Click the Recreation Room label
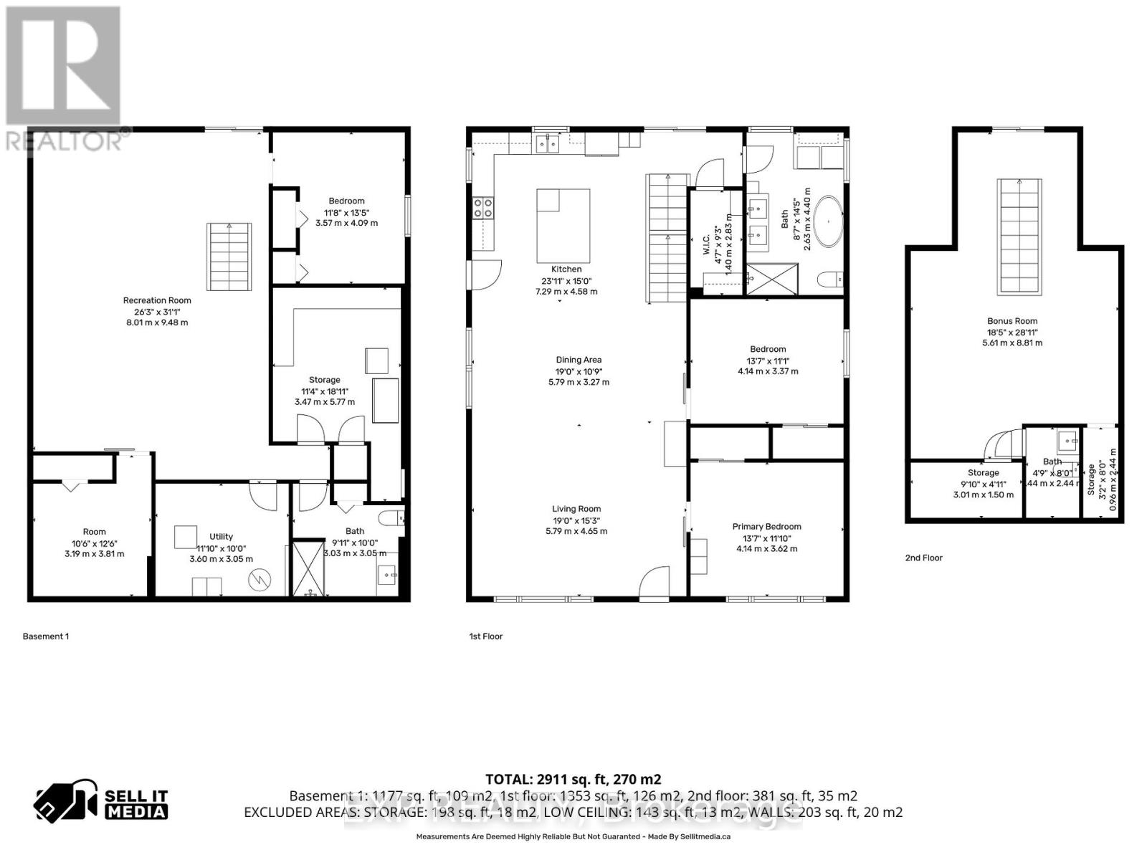(157, 300)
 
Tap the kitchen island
(563, 226)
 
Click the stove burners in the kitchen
(482, 208)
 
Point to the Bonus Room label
(1012, 321)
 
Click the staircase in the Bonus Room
(1019, 236)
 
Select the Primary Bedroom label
(766, 527)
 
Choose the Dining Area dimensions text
(579, 377)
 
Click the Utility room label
(221, 536)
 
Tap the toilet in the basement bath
(391, 517)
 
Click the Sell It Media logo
(101, 803)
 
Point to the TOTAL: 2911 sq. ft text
(573, 779)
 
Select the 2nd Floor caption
(923, 558)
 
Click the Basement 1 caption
(46, 636)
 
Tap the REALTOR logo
(65, 79)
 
